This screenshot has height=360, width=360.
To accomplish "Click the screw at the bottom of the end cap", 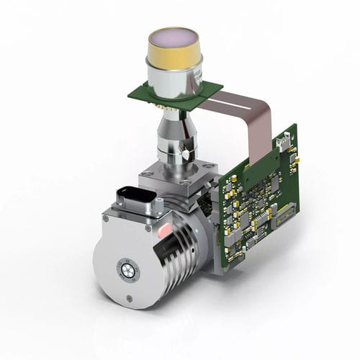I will [x=130, y=299].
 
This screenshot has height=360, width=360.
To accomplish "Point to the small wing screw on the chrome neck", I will [x=189, y=152].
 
